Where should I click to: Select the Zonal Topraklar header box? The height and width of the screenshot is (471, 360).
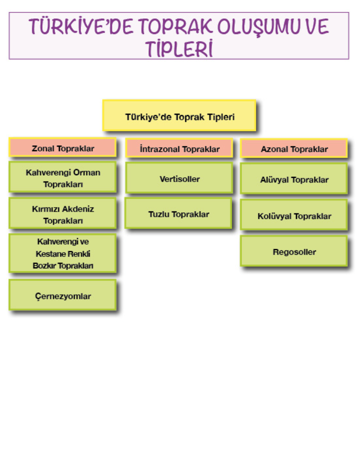point(63,148)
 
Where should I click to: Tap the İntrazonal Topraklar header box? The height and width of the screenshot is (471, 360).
point(180,149)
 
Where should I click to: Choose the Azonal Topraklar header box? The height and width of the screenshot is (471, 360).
point(294,149)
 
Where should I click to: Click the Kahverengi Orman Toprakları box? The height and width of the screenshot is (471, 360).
point(63,178)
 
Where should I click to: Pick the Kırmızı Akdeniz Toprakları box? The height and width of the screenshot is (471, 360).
point(63,214)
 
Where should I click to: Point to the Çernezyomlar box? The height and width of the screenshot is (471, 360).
point(63,296)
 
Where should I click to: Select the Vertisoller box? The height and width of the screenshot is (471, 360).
point(180,179)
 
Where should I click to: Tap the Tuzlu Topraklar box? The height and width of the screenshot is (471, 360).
point(179,214)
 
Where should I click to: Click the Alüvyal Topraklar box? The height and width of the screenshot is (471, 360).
point(294,179)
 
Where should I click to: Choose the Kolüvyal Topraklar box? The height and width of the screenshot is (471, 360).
point(294,216)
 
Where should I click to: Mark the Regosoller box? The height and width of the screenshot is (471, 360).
point(294,252)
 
